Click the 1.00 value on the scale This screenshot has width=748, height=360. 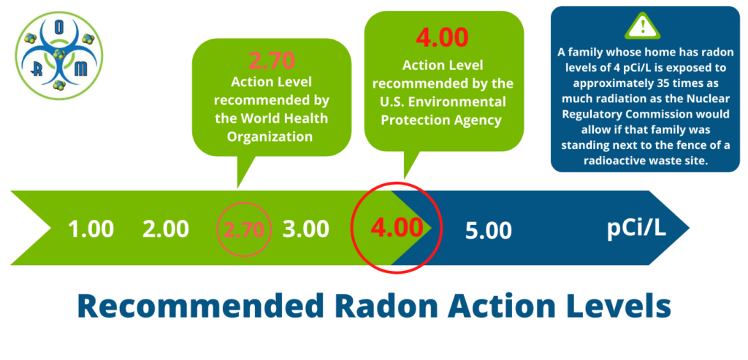91,229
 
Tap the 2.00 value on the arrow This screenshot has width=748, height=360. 166,229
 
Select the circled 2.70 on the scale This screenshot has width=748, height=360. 244,229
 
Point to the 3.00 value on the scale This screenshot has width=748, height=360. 306,229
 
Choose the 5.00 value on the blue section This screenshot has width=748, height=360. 489,231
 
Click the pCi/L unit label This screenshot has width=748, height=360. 636,228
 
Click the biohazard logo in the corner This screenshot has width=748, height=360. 58,56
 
